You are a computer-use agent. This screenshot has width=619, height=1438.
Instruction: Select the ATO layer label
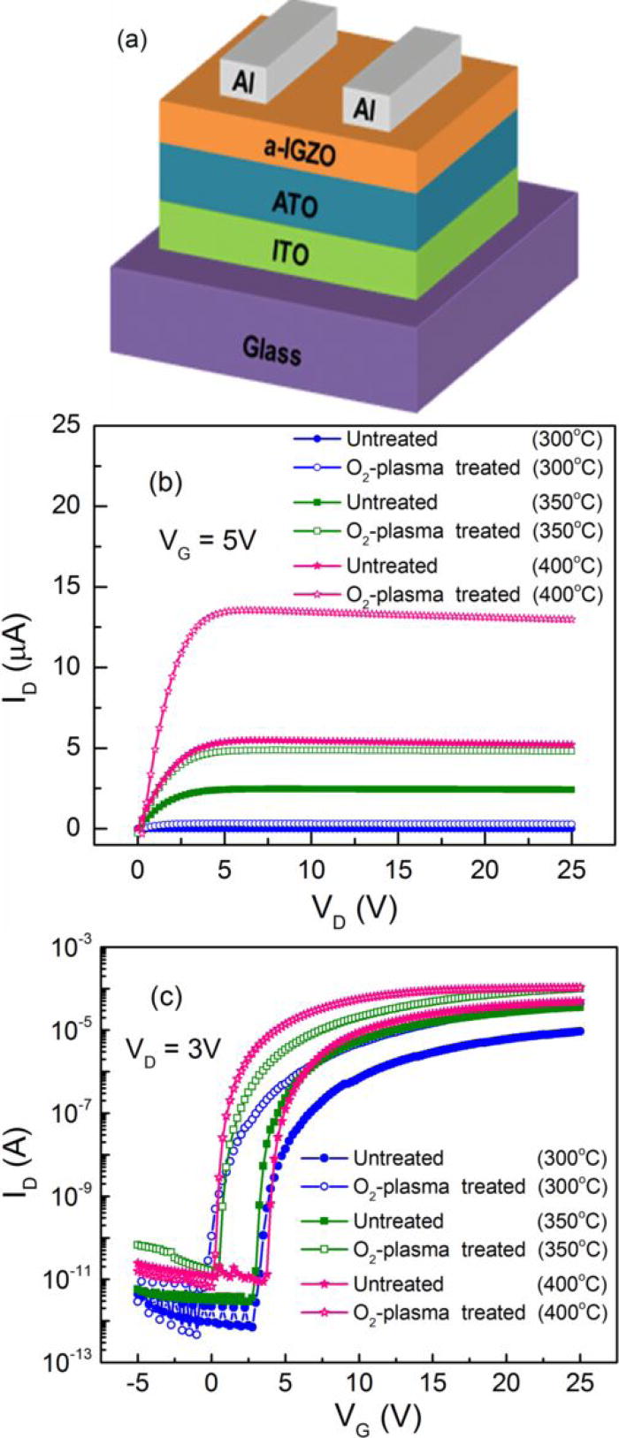(x=294, y=205)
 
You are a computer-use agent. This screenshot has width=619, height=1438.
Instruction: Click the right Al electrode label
(x=364, y=109)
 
